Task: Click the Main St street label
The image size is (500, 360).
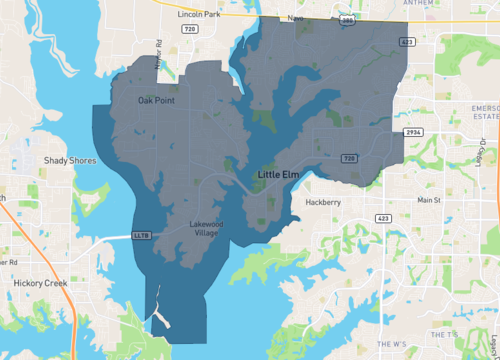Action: click(x=429, y=201)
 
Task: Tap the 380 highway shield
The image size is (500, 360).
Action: click(x=344, y=19)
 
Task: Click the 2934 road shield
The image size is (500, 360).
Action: click(x=410, y=133)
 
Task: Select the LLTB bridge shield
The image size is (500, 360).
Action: click(x=141, y=236)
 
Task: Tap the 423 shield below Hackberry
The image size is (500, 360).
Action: click(x=383, y=217)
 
